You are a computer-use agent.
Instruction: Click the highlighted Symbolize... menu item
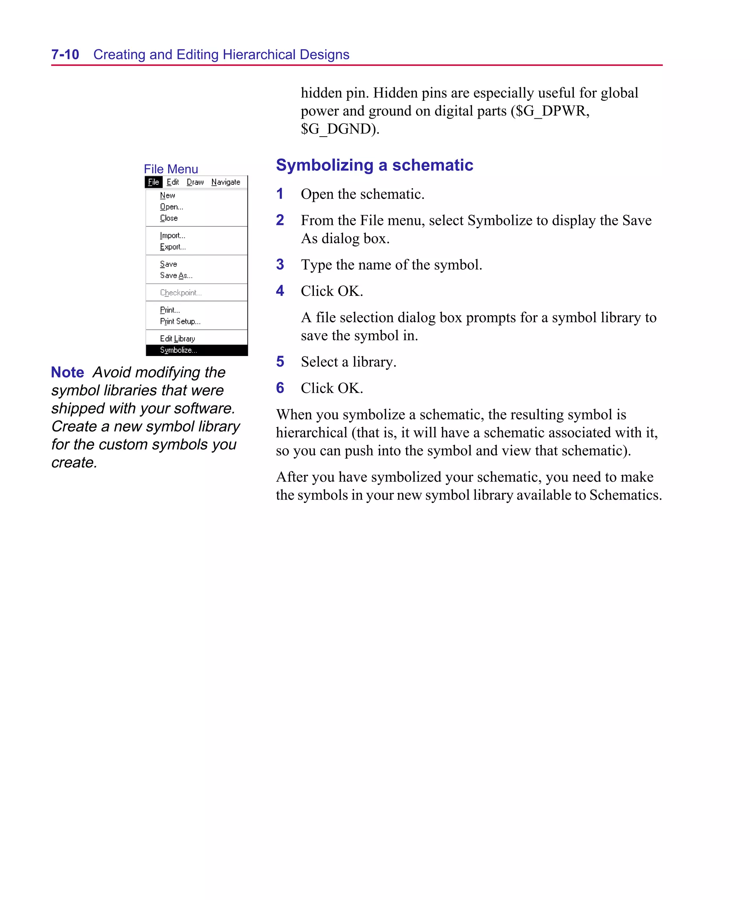[x=179, y=350]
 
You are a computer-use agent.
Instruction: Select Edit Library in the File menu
[x=177, y=338]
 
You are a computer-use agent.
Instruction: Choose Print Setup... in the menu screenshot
[x=180, y=322]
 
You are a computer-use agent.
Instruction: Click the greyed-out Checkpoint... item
[x=181, y=293]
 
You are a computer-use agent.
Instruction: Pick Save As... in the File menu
[x=176, y=275]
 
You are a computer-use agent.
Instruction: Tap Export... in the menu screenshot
[x=173, y=247]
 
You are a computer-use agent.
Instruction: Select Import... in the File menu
[x=172, y=235]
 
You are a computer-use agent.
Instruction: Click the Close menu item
[x=169, y=218]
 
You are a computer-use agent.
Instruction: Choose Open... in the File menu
[x=171, y=207]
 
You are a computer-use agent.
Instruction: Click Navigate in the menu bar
[x=226, y=182]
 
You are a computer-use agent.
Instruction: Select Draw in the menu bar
[x=195, y=182]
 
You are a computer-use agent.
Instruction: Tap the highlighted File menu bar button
[x=153, y=182]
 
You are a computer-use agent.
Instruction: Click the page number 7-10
[x=65, y=55]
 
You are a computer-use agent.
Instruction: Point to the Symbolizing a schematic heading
[x=374, y=165]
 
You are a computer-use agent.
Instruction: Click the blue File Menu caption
[x=171, y=169]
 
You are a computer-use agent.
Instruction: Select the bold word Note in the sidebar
[x=67, y=372]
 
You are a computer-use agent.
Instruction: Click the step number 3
[x=280, y=264]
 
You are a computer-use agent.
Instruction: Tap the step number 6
[x=280, y=388]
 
